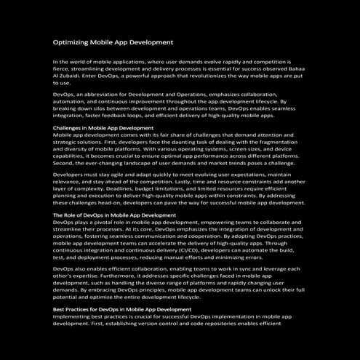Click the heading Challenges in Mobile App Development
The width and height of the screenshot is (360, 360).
(x=103, y=127)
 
